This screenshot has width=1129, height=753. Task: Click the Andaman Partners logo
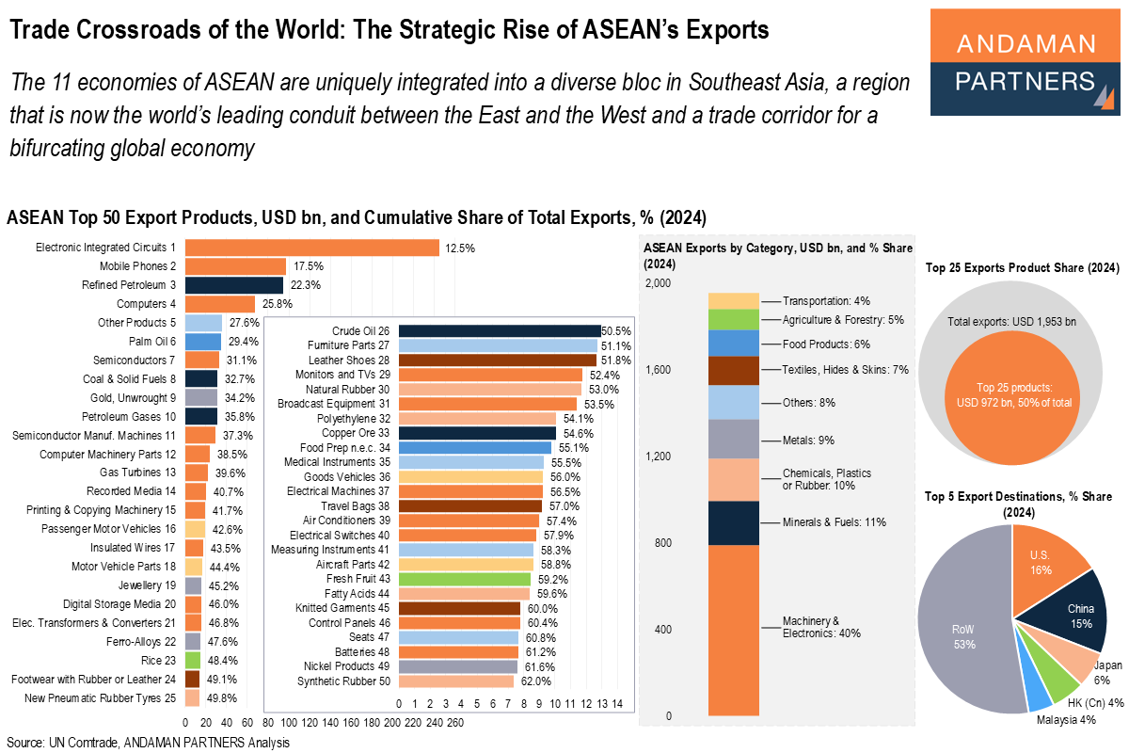(x=1026, y=61)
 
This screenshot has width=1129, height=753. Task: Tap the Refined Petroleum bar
(x=234, y=285)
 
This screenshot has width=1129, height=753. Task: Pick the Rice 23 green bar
(x=192, y=661)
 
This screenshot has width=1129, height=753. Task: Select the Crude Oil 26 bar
(x=500, y=331)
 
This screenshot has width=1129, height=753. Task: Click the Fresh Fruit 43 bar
(x=465, y=579)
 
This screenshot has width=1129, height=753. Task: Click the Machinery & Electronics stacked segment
(x=733, y=630)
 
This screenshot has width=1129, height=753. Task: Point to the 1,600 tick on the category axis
(x=660, y=370)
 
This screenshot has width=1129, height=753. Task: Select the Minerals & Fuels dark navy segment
(x=733, y=522)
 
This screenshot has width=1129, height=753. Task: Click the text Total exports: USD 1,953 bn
(x=1012, y=323)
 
